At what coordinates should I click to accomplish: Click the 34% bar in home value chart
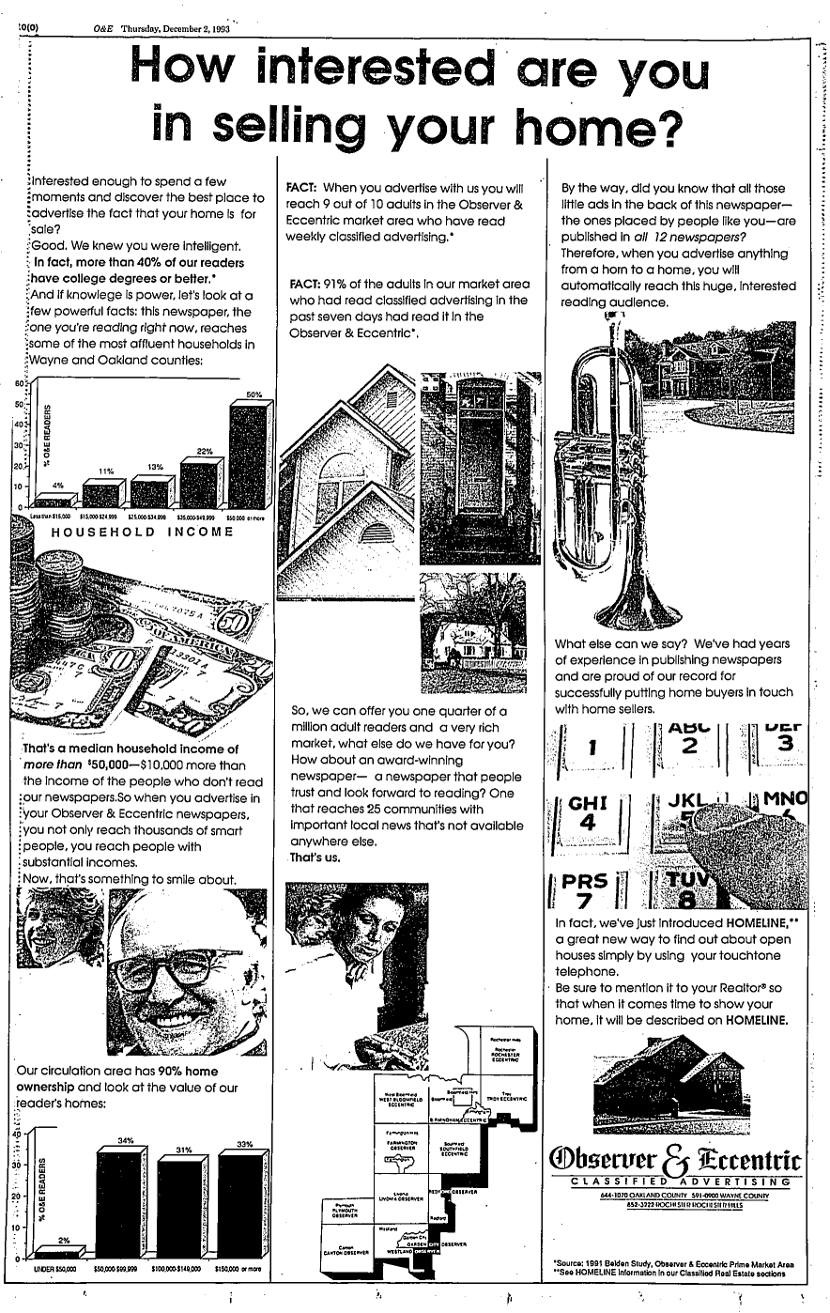pyautogui.click(x=125, y=1202)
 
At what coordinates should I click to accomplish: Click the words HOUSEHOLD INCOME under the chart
pyautogui.click(x=141, y=532)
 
